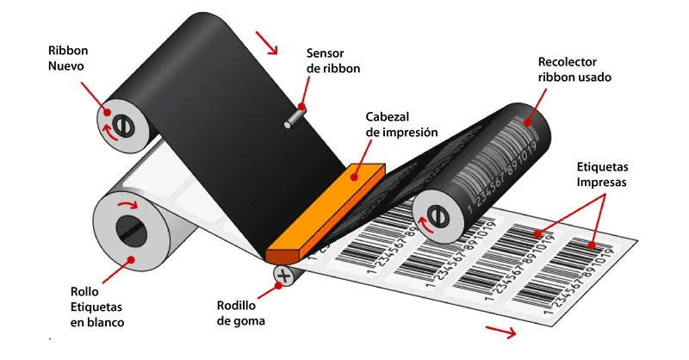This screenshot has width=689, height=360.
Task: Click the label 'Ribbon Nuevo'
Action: coord(68,58)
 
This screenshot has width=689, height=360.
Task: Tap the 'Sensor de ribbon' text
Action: coord(333,60)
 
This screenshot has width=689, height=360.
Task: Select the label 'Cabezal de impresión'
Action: coord(401,124)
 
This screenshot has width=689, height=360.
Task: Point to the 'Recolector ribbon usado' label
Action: coord(574,70)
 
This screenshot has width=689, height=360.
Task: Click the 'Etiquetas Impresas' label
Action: coord(602,175)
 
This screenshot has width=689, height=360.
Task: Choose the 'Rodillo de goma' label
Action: coord(241,313)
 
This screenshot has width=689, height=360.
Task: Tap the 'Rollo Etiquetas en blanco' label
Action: coord(97,307)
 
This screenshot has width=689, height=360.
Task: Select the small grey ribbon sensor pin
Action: coord(295,117)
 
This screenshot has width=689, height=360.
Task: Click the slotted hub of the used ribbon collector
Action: coord(438,216)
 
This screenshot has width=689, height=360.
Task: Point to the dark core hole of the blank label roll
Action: coord(131,230)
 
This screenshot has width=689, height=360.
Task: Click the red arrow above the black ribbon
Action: coord(267,43)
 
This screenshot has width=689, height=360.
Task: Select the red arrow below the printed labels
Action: coord(500,332)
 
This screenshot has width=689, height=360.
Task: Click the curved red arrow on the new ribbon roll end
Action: coord(109,132)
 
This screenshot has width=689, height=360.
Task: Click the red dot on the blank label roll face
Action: coord(130,259)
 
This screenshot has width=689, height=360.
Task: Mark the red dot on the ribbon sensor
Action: coord(301,107)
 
